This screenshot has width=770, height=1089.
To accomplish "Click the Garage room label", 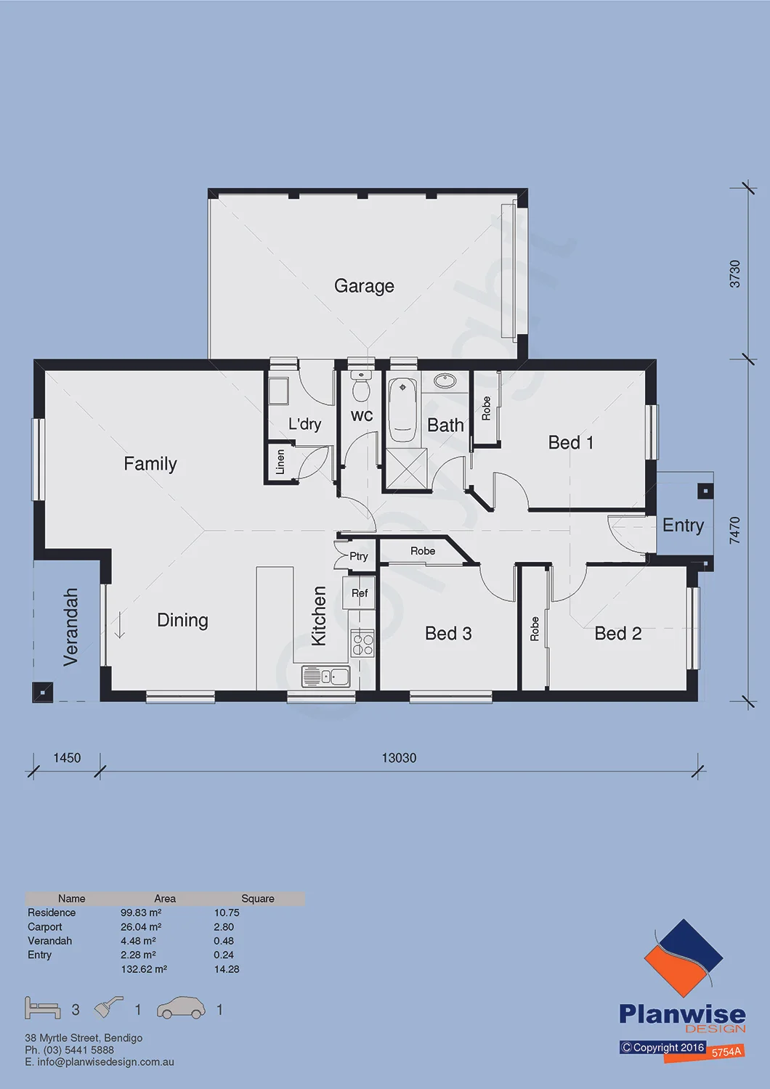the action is click(x=364, y=286).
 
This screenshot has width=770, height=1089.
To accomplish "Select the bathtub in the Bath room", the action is click(x=402, y=410).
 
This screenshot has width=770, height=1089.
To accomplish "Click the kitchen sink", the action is click(x=325, y=676).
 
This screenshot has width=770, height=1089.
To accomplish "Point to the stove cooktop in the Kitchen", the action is click(x=362, y=643).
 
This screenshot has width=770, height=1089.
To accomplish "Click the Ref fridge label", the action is click(x=360, y=592).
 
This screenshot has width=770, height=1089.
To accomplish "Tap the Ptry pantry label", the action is click(x=359, y=556).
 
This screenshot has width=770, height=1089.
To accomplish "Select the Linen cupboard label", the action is click(x=280, y=461).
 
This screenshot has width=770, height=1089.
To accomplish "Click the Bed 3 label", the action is click(x=448, y=633).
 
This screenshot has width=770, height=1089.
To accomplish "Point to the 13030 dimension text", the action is click(x=399, y=758).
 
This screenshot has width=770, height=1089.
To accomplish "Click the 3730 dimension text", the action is click(x=735, y=274).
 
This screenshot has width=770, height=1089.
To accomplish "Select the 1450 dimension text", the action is click(x=67, y=758).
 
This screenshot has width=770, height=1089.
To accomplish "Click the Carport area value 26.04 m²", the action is click(x=141, y=927).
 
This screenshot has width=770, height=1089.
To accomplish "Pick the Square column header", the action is click(x=258, y=899).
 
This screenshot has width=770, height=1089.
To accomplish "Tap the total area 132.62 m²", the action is click(x=144, y=969).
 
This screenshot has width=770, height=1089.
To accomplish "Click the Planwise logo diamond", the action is click(x=684, y=958).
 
